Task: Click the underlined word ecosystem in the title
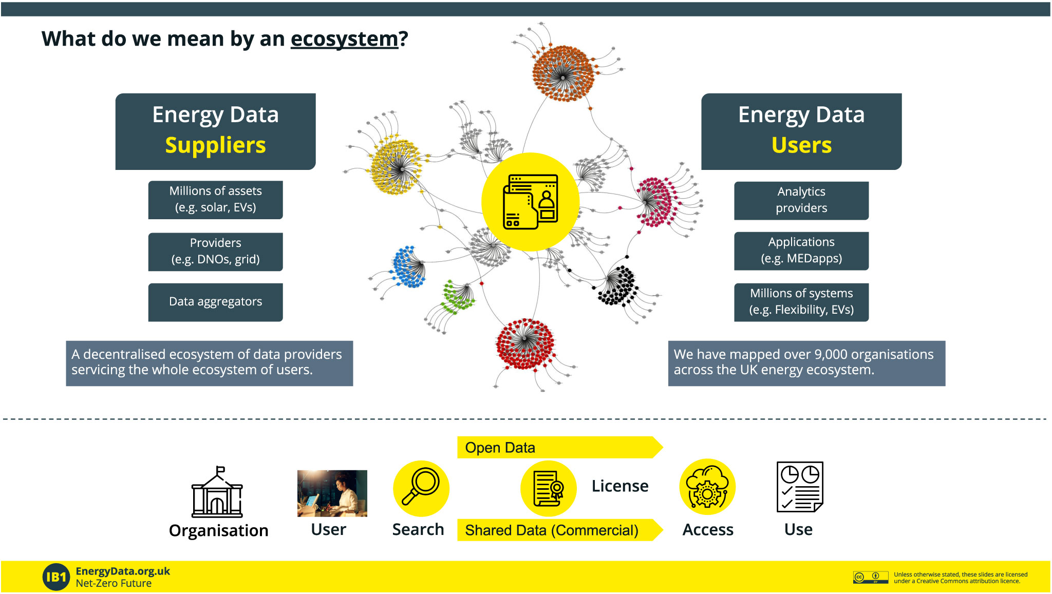point(344,40)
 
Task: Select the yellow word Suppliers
point(215,145)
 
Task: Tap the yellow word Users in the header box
point(801,145)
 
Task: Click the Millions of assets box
point(215,200)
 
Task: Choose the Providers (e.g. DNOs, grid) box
point(215,252)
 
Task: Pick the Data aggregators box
point(215,302)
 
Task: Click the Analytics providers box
point(801,201)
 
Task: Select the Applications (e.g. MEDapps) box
point(801,251)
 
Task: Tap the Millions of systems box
point(801,302)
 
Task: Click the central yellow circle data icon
point(531,202)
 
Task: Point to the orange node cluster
point(563,73)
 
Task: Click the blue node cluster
point(409,266)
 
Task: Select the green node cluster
point(458,297)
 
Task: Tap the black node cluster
point(618,285)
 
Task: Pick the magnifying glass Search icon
point(421,488)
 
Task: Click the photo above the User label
point(332,493)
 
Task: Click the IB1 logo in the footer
point(57,577)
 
